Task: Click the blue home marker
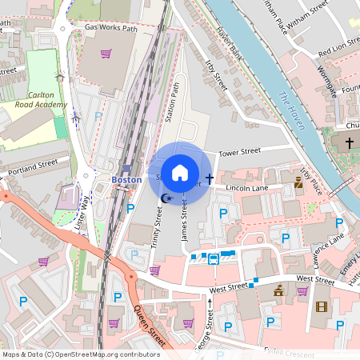tap(180, 173)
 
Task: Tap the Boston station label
tap(126, 180)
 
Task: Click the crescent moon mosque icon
tap(166, 198)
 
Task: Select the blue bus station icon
tap(214, 258)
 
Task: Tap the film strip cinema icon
tap(321, 306)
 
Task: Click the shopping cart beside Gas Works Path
tap(106, 54)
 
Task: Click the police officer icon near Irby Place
tap(298, 183)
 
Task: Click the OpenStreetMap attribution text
tap(81, 354)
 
